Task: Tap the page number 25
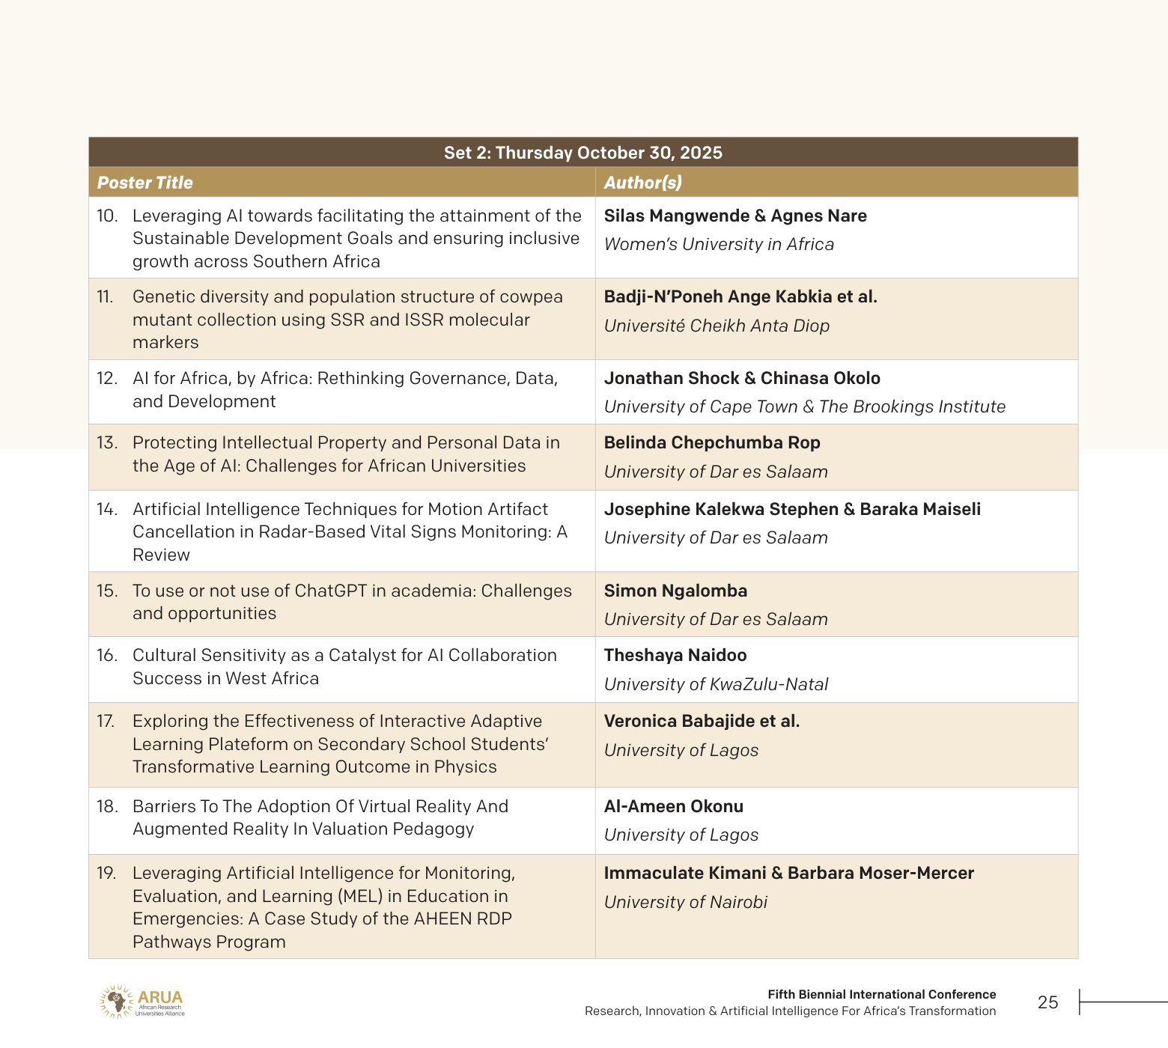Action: tap(1047, 1002)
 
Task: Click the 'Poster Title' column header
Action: tap(145, 183)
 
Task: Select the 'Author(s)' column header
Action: tap(642, 183)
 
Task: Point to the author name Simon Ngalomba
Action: tap(675, 591)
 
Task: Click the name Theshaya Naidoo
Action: tap(675, 655)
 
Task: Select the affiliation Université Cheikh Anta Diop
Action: tap(717, 326)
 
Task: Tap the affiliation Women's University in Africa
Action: tap(719, 244)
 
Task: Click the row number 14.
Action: tap(107, 509)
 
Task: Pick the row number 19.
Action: tap(106, 873)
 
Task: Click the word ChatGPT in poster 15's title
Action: tap(330, 591)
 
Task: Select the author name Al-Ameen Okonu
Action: tap(673, 806)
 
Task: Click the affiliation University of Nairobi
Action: tap(685, 902)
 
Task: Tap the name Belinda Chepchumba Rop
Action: tap(712, 442)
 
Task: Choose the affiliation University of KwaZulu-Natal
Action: tap(716, 684)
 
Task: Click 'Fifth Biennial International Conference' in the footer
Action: tap(881, 994)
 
